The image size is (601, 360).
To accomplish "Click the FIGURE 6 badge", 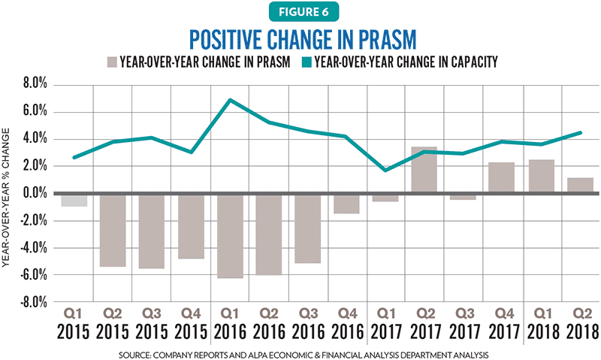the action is [x=304, y=12].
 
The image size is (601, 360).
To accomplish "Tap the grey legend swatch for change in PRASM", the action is [x=112, y=62].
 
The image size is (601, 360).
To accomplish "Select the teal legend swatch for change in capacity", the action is [x=307, y=62].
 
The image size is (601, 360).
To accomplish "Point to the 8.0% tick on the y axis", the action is [x=35, y=83].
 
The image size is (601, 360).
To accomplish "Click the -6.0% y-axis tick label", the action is [x=34, y=275].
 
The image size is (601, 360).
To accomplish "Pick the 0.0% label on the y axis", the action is [x=35, y=193].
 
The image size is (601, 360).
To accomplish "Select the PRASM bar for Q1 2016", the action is [x=231, y=236].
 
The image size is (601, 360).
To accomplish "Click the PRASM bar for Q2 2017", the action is [x=424, y=169].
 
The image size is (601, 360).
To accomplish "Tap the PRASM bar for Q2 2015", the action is [x=113, y=230].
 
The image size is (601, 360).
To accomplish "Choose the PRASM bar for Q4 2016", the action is [x=346, y=204].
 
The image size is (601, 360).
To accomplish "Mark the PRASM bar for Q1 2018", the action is [x=541, y=176].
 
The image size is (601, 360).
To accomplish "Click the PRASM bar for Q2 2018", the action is [x=580, y=185].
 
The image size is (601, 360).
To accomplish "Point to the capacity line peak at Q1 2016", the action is [x=230, y=100].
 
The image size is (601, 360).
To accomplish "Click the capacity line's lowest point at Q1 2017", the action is [x=385, y=170].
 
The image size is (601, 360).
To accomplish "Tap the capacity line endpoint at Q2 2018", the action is [x=580, y=133].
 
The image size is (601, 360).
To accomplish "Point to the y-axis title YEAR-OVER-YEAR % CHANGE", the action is [x=5, y=198].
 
